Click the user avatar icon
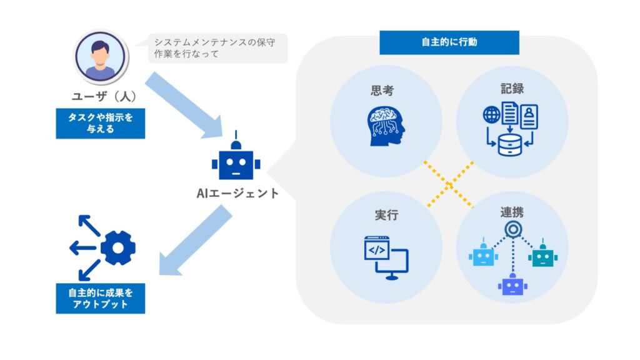[100, 57]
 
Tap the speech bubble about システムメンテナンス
[212, 48]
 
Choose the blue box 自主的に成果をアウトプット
[100, 298]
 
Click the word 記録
[512, 88]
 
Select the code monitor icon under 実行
[386, 254]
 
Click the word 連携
[512, 212]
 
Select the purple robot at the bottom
[512, 284]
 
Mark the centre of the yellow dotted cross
[449, 184]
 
